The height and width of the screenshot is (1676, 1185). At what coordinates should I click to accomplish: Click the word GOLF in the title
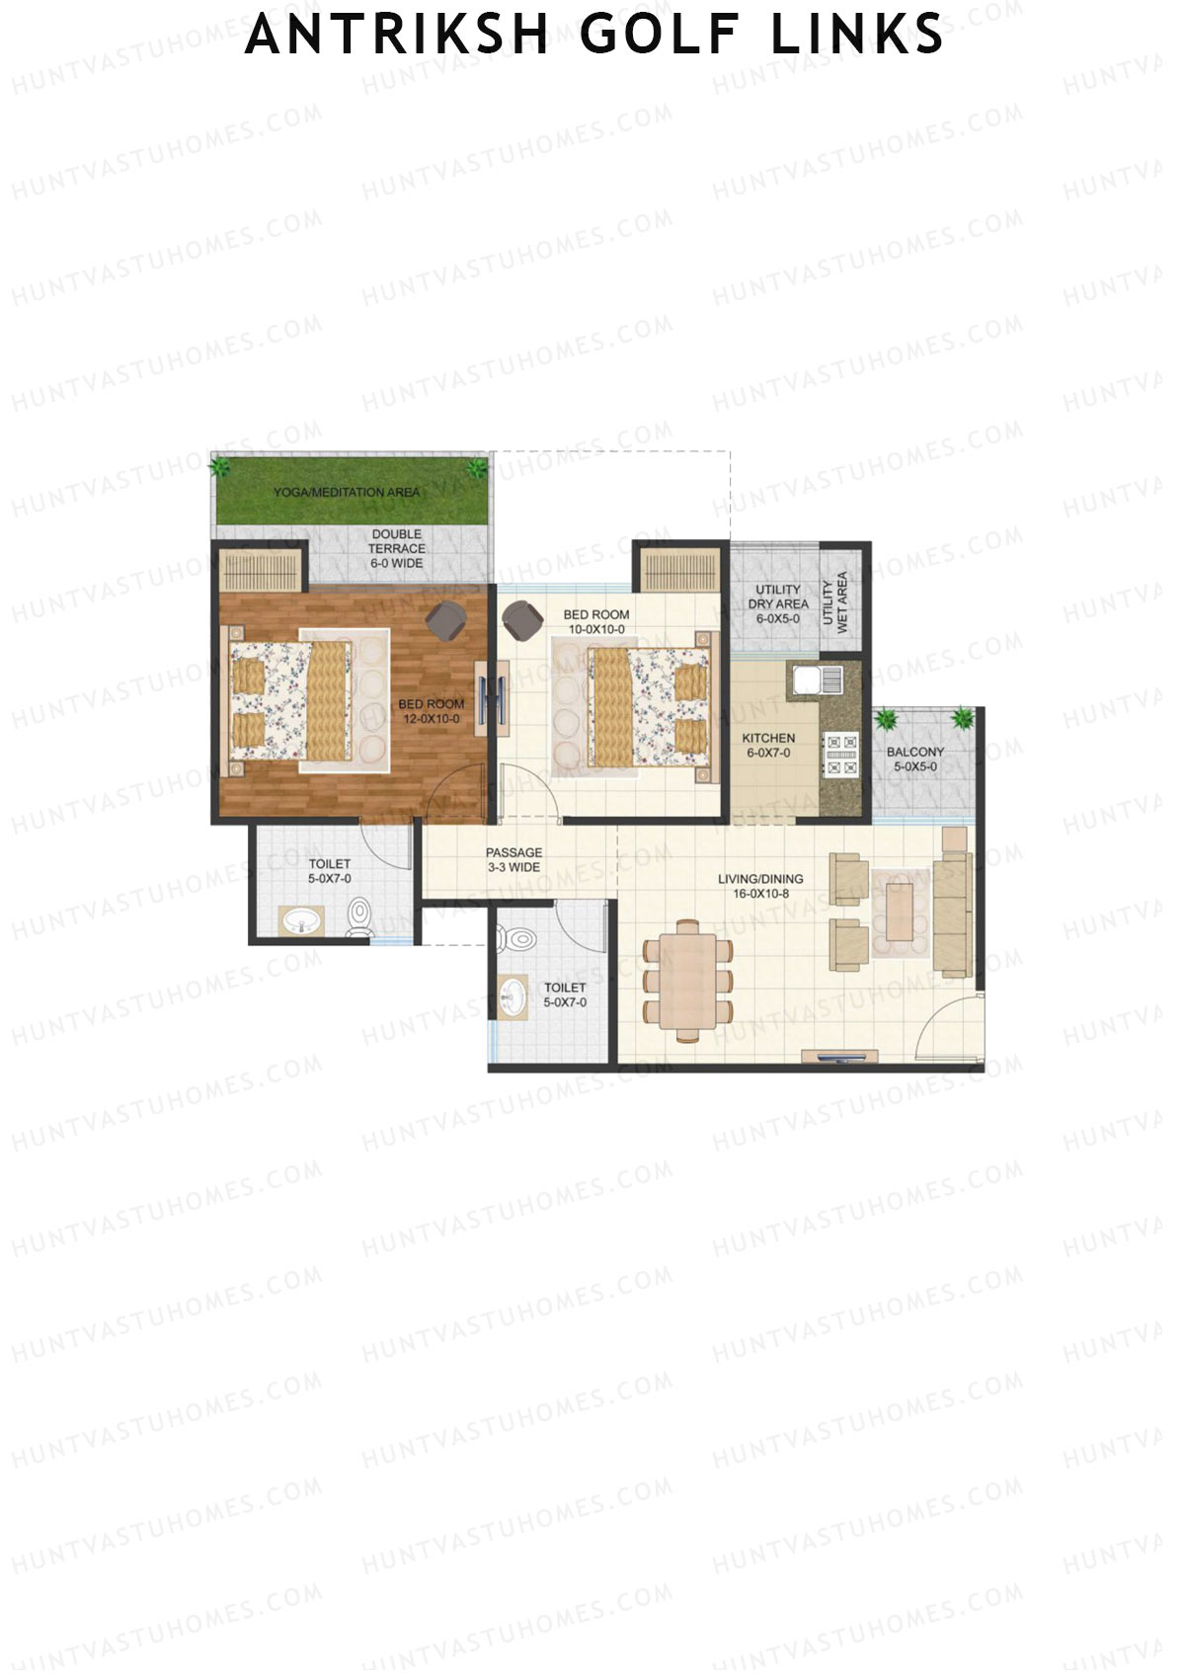point(659,35)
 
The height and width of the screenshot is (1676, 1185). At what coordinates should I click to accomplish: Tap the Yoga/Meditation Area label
point(347,492)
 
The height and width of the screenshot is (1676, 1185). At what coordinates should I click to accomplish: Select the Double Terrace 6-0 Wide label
point(397,548)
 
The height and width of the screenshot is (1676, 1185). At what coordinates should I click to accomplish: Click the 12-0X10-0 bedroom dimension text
point(432,719)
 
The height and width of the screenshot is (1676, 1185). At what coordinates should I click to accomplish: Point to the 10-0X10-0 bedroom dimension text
point(596,629)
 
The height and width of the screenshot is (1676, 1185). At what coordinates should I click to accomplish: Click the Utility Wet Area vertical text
point(835,601)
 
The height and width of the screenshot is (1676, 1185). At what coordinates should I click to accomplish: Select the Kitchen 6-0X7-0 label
point(768,745)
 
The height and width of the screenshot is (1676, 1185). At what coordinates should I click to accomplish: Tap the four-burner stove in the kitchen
point(841,754)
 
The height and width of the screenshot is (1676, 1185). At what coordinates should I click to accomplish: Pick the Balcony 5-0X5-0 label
point(915,758)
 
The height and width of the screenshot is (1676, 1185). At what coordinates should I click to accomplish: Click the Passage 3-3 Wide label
point(513,859)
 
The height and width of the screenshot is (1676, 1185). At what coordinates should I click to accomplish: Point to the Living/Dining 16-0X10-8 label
point(760,886)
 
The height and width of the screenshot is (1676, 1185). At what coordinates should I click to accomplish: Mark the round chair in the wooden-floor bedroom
point(446,619)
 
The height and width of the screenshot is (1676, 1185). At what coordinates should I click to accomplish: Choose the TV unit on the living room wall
point(838,1058)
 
